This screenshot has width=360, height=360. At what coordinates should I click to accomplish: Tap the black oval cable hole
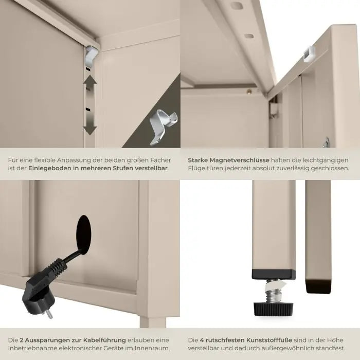[83, 235]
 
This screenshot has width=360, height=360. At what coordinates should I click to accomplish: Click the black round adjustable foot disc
[274, 309]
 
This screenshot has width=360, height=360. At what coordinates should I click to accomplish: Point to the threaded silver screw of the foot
[274, 292]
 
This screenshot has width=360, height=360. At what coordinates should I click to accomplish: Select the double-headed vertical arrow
[90, 105]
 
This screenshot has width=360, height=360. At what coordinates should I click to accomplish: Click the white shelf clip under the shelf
[91, 56]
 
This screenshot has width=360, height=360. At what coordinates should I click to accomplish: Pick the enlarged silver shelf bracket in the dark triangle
[163, 127]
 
